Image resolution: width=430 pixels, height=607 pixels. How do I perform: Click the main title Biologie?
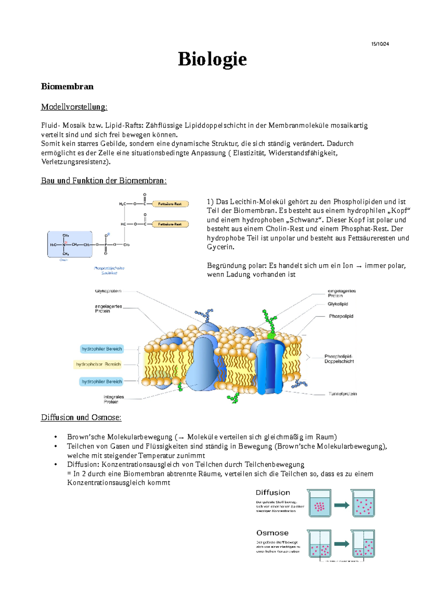(212, 59)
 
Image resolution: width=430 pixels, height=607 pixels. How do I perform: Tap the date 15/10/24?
(380, 44)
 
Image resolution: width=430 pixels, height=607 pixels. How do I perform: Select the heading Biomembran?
(67, 86)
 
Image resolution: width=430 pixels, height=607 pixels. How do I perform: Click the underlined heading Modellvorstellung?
(74, 107)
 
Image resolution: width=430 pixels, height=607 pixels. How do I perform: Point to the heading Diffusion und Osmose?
(81, 417)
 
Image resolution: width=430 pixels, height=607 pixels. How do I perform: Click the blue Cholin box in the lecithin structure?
(70, 244)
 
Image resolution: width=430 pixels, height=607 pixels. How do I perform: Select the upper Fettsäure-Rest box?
(170, 204)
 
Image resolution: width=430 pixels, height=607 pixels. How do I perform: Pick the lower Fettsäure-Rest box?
(170, 224)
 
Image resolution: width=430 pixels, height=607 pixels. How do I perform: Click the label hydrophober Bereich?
(98, 364)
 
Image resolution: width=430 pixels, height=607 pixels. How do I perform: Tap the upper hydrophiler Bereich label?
(101, 349)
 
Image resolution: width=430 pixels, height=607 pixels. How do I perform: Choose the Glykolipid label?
(338, 304)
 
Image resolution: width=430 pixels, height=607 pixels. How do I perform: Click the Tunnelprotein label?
(342, 394)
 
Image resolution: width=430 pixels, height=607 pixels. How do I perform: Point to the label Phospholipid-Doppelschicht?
(339, 359)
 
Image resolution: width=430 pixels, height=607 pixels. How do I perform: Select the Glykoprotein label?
(108, 291)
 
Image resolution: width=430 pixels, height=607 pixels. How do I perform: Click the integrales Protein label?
(114, 399)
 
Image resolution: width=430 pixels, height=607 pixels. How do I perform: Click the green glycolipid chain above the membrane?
(269, 322)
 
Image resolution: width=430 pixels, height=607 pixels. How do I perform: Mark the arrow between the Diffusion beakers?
(341, 505)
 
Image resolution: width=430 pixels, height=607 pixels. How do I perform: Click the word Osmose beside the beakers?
(272, 533)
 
